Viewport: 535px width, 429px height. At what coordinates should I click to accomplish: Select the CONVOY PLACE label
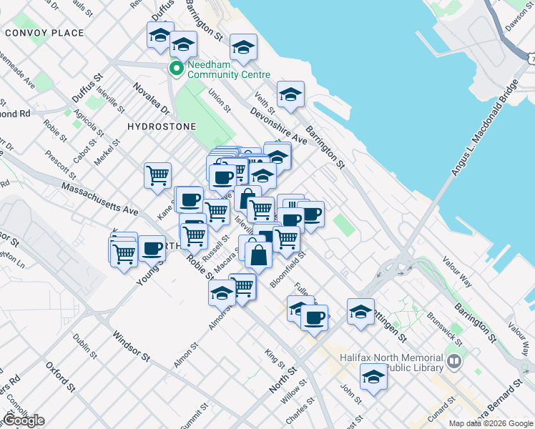44,33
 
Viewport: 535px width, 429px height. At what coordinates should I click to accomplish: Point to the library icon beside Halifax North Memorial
453,363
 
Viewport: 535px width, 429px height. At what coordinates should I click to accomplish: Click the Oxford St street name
60,377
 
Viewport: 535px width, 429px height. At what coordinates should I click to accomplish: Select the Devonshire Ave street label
278,127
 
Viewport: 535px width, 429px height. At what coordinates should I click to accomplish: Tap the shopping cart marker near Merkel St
157,174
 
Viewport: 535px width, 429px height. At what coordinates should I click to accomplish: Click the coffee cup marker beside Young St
152,247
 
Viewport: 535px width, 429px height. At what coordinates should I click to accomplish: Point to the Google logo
23,420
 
